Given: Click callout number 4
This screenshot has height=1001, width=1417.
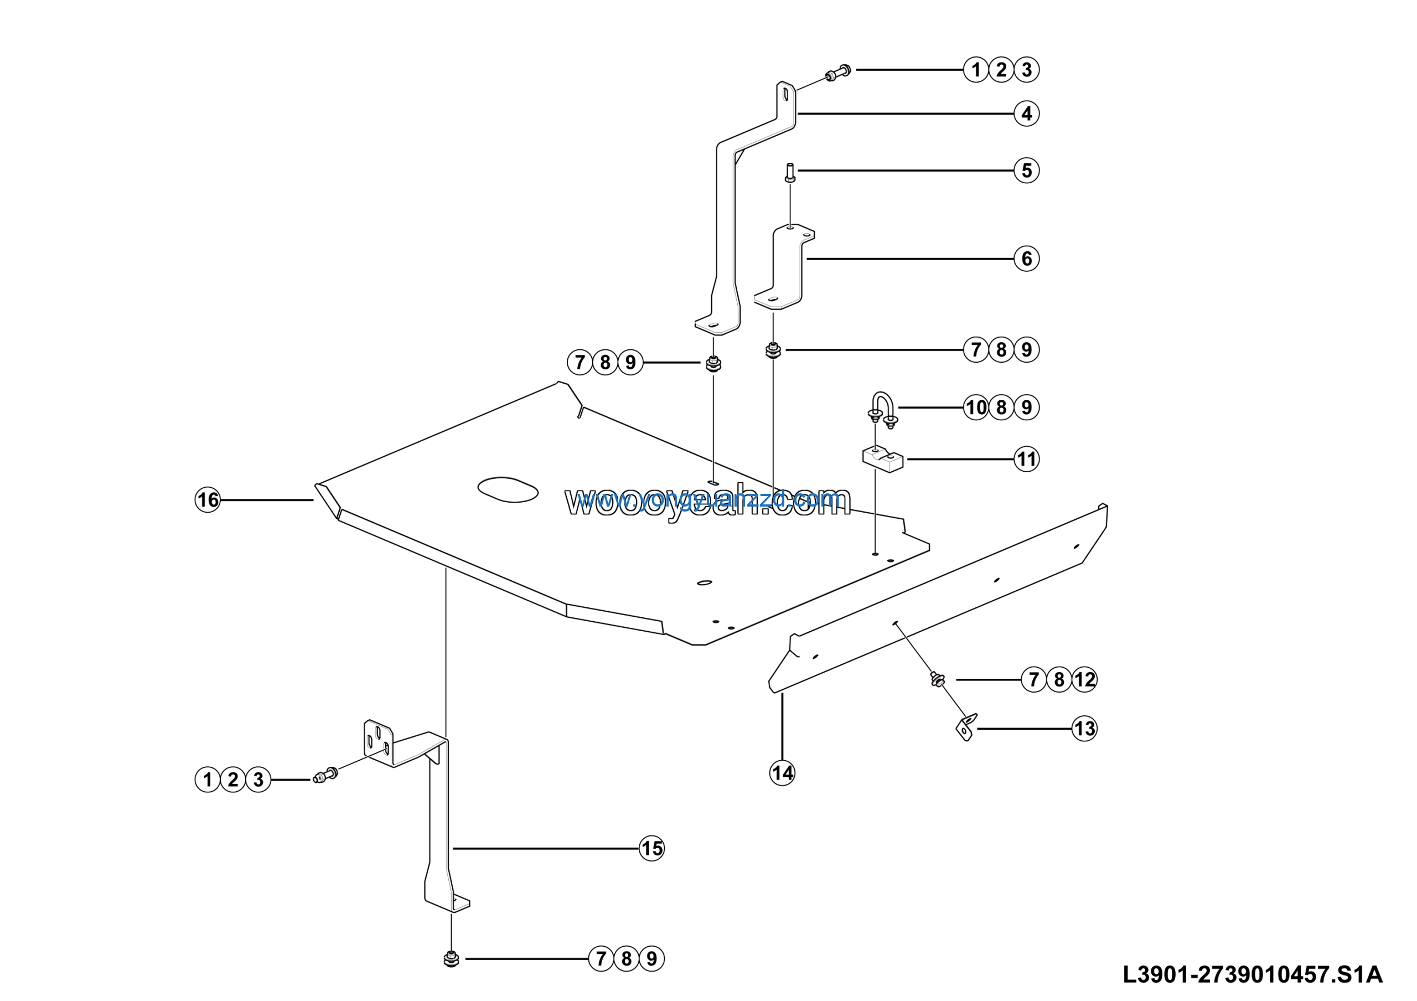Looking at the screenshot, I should click(1026, 114).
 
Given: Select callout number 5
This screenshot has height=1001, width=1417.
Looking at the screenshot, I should click(1026, 171).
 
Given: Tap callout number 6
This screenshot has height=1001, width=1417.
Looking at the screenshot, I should click(1026, 259).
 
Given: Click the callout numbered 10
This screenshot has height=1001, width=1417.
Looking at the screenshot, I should click(976, 408).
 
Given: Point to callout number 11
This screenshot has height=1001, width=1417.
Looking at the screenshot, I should click(1026, 459).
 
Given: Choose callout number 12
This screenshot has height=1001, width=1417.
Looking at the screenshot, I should click(1084, 679).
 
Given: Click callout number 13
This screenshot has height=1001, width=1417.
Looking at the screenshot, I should click(1084, 729).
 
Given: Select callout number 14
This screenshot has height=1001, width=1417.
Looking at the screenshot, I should click(782, 773).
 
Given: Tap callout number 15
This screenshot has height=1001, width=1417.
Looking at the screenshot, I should click(651, 849).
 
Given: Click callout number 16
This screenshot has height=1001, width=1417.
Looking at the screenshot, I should click(208, 500).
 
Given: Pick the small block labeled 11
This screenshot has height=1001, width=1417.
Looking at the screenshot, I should click(882, 460).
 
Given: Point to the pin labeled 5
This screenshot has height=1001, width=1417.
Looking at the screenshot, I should click(790, 172).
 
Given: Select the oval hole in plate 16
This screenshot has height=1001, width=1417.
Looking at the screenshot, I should click(508, 490).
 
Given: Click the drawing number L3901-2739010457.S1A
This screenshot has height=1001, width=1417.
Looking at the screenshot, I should click(1252, 974).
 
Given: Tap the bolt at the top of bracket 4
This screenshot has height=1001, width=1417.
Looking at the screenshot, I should click(838, 74).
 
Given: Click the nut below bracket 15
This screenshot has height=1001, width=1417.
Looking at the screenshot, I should click(451, 959).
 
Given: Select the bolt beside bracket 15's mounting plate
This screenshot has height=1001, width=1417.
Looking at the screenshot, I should click(325, 775).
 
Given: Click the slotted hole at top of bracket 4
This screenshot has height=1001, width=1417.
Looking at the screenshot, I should click(785, 95).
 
